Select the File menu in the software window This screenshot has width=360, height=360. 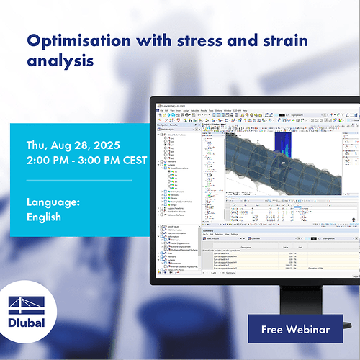point(162,111)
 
